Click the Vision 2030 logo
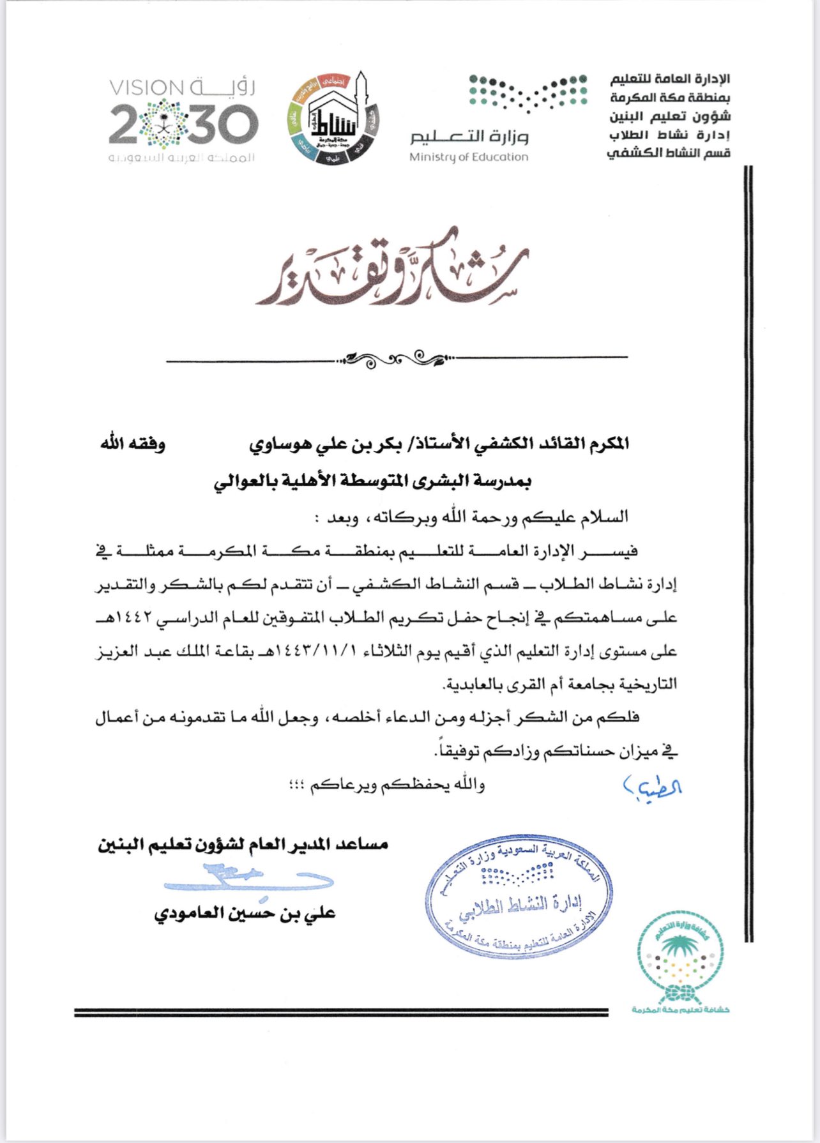click(183, 121)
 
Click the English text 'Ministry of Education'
click(469, 157)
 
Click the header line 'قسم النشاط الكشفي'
click(668, 153)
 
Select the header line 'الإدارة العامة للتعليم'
click(670, 79)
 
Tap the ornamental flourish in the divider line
click(396, 360)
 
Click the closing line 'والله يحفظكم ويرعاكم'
click(397, 785)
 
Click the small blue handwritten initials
click(652, 788)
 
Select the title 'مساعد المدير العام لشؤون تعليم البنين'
click(243, 845)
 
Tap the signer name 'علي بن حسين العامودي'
click(245, 914)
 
